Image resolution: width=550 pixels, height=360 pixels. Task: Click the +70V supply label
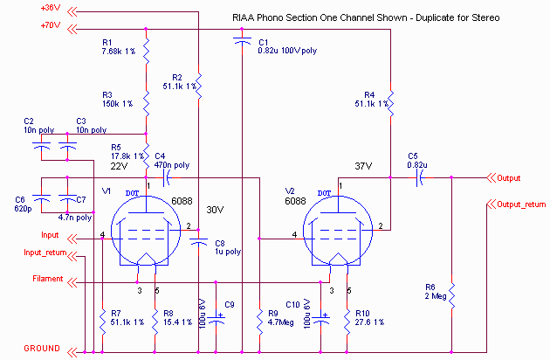pyautogui.click(x=50, y=25)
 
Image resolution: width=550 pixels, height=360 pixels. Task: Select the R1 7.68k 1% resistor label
pyautogui.click(x=118, y=46)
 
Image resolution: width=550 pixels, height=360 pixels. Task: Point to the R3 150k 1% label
pyautogui.click(x=117, y=99)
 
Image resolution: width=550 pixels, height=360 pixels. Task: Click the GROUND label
pyautogui.click(x=41, y=347)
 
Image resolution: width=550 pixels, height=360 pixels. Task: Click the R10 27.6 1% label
pyautogui.click(x=369, y=317)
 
